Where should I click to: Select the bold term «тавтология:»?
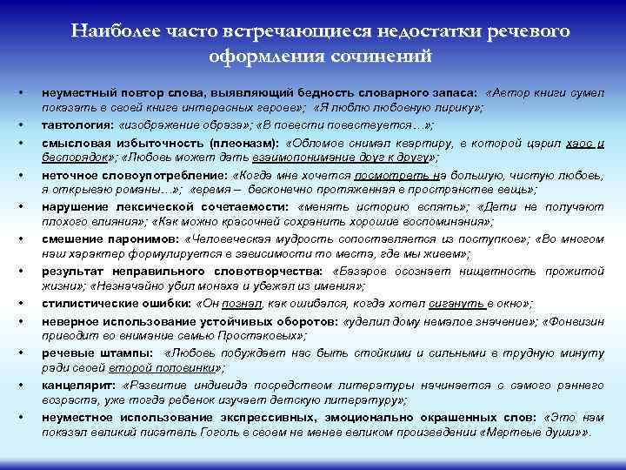pos(76,125)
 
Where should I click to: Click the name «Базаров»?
pos(359,271)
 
